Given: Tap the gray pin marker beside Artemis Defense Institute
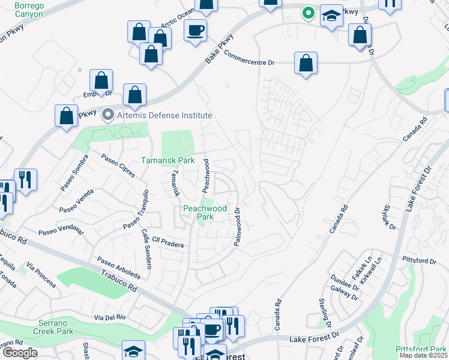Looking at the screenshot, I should pos(108,114).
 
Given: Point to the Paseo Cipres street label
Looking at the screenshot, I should pos(118,166).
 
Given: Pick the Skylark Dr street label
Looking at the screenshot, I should pos(388,217).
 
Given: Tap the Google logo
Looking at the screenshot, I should pos(20,353).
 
